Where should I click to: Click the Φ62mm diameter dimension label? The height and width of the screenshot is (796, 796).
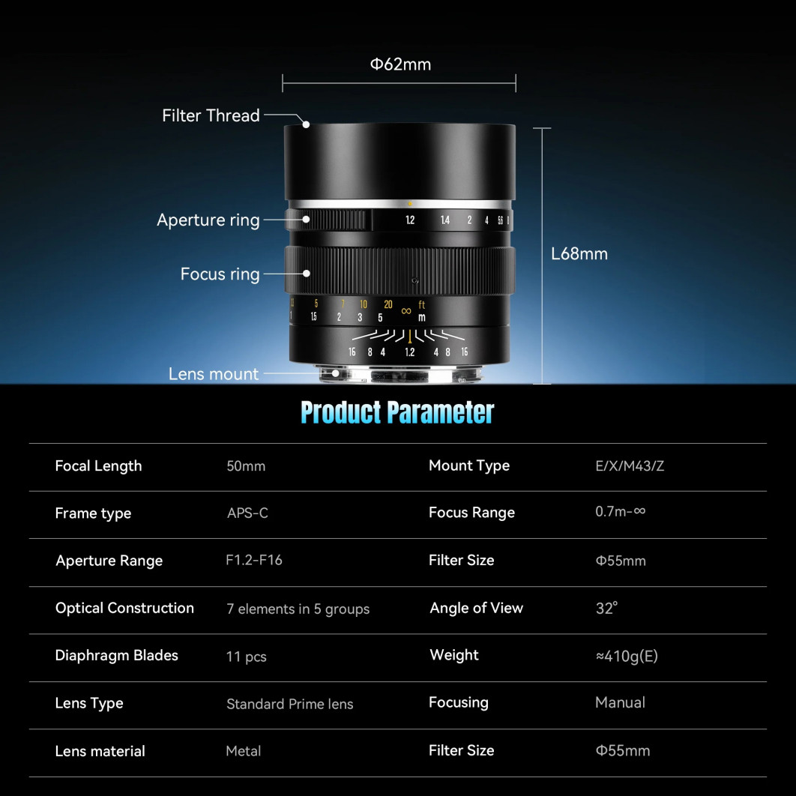click(400, 64)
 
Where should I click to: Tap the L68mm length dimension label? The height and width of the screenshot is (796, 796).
click(579, 253)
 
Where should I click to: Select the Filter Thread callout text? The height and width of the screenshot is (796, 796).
click(211, 115)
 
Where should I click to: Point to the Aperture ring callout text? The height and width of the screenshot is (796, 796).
click(208, 220)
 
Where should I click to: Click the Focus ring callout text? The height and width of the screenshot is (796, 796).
click(220, 274)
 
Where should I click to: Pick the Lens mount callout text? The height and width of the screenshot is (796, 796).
click(214, 373)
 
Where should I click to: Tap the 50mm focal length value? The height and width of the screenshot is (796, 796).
click(246, 466)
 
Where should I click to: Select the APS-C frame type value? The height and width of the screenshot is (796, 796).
click(247, 513)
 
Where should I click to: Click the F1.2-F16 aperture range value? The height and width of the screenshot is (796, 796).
click(254, 560)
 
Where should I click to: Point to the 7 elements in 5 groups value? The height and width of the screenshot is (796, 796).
click(298, 609)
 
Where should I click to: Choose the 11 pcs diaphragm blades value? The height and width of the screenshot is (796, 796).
click(246, 657)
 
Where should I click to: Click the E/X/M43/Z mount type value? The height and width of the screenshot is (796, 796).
click(630, 466)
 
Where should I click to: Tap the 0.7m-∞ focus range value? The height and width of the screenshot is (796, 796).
click(621, 511)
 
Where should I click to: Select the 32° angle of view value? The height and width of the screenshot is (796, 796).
click(606, 608)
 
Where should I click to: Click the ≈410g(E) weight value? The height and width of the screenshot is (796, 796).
click(627, 656)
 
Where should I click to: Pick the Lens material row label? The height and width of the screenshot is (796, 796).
click(100, 751)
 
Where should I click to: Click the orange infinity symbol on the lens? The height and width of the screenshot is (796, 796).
click(406, 311)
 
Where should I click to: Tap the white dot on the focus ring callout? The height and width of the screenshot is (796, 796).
click(306, 274)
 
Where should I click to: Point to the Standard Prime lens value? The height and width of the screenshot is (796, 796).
click(290, 704)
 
